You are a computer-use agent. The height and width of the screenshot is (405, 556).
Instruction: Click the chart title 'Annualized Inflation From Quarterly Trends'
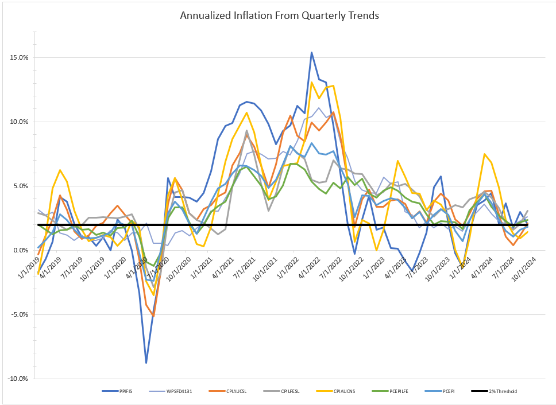click(279, 15)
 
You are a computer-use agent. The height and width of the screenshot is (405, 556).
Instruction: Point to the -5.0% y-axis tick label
click(20, 315)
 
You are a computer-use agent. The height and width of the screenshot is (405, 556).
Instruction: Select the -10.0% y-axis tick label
click(19, 379)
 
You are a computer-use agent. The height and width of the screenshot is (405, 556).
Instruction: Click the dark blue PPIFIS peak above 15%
click(311, 52)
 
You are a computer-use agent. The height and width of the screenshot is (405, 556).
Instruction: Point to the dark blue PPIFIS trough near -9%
click(146, 363)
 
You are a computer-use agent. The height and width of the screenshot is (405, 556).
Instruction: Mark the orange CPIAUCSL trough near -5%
click(153, 316)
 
